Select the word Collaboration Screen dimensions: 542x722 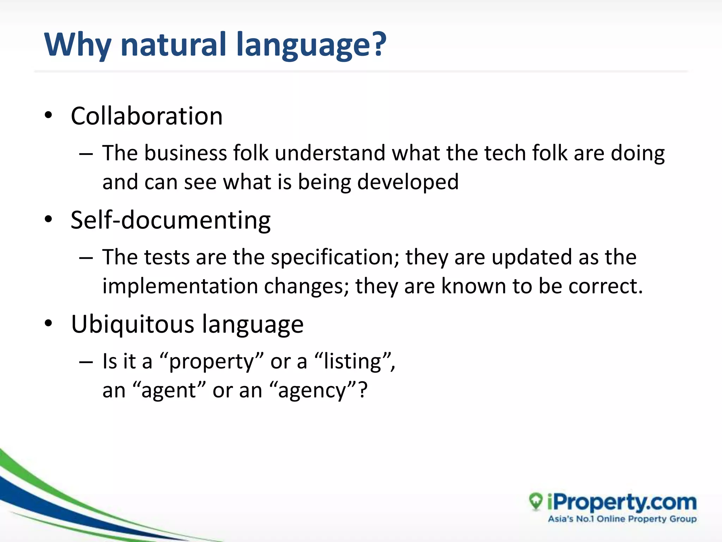[147, 116]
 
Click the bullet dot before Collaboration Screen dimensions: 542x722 [49, 115]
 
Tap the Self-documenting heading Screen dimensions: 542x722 [171, 220]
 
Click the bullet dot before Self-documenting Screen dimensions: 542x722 [49, 219]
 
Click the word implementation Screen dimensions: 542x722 [180, 286]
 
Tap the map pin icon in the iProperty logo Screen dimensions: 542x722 [536, 501]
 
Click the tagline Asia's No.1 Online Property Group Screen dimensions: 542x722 [622, 519]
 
